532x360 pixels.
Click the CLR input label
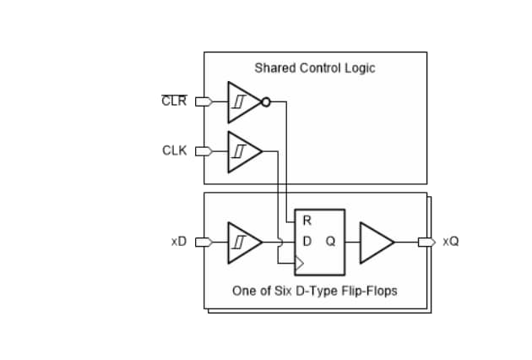point(173,102)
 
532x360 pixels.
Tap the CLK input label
point(174,151)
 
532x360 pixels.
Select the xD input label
point(177,242)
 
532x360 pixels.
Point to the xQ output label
point(451,242)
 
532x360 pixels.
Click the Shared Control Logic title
point(314,68)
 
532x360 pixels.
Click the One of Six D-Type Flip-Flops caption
point(314,291)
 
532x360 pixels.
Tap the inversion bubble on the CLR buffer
point(266,102)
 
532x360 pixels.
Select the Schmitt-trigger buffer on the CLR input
point(242,102)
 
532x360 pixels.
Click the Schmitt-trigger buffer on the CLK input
point(242,151)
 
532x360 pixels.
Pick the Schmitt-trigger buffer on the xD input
point(242,242)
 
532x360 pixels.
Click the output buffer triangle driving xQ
point(376,242)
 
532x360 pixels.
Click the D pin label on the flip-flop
point(307,242)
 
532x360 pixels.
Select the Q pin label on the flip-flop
point(330,242)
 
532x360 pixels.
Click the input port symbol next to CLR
point(202,102)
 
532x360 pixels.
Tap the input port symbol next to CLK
point(202,151)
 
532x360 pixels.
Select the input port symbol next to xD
point(202,242)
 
